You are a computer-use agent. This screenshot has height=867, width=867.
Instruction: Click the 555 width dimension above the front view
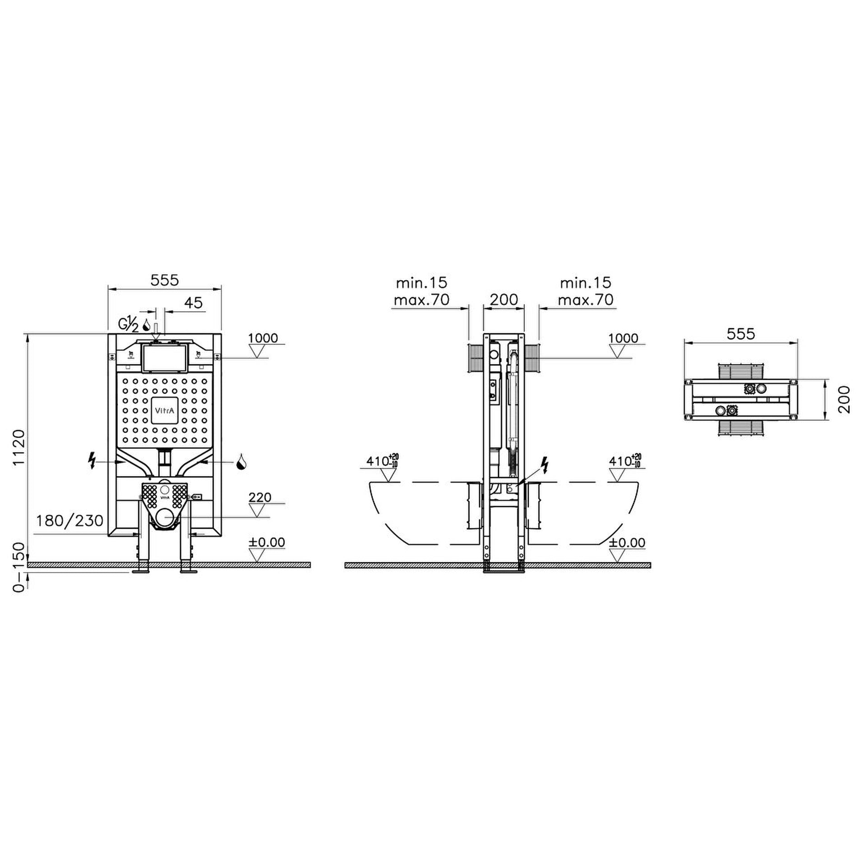click(x=165, y=280)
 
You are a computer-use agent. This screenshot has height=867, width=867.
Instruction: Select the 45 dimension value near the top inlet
click(x=194, y=303)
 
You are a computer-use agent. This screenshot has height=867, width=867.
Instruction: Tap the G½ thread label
click(x=129, y=324)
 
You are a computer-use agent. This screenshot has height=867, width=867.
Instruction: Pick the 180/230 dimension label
click(x=70, y=521)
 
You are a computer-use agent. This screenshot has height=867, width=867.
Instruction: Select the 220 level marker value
click(x=260, y=498)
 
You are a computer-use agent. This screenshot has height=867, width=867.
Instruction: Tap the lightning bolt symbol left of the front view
click(x=93, y=461)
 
